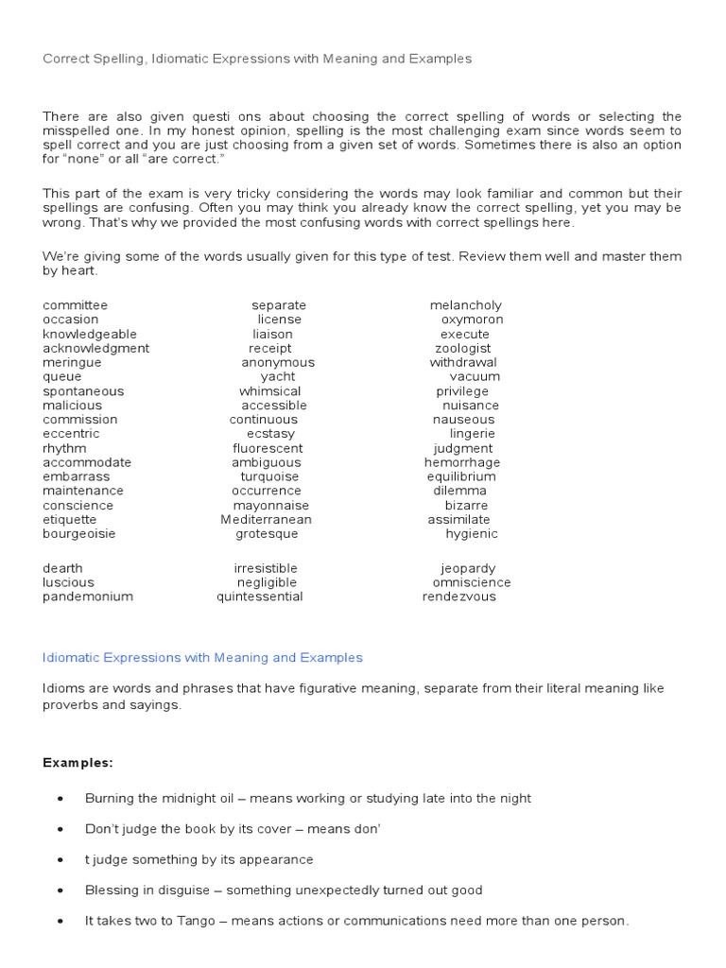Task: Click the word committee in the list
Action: coord(75,305)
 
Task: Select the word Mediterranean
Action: coord(266,519)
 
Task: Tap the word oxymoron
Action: coord(472,320)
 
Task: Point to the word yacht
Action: coord(277,376)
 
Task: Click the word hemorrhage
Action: coord(462,462)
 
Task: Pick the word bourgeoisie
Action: coord(78,533)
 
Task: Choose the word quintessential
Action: coord(259,596)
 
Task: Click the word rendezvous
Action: coord(458,596)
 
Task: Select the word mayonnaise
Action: coord(271,505)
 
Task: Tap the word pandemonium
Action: coord(87,596)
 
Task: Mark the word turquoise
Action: coord(269,476)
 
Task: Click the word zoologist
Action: coord(462,348)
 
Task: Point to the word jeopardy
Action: coord(467,568)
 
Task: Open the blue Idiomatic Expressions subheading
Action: coord(202,657)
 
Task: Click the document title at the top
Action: coord(256,59)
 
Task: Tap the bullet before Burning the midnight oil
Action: coord(60,799)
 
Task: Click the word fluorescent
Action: coord(268,448)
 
